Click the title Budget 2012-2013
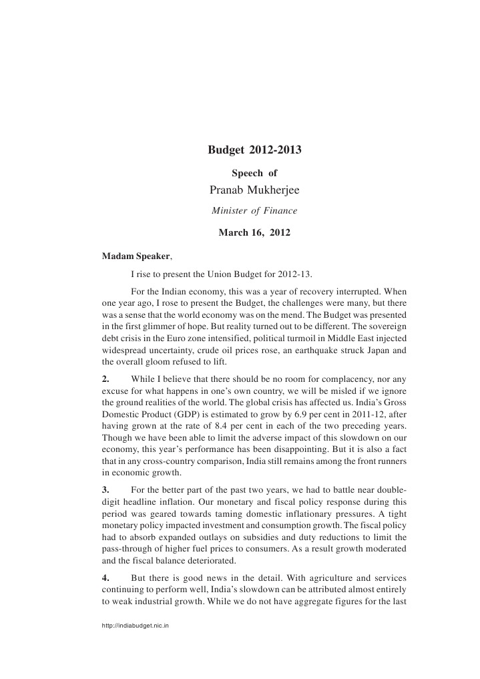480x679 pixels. pos(254,150)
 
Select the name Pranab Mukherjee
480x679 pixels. pos(254,191)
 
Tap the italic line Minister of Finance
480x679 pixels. pos(254,212)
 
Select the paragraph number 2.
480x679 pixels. pos(105,379)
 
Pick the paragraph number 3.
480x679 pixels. pos(105,490)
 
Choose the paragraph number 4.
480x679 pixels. pos(105,577)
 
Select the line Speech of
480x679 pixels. pos(254,173)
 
